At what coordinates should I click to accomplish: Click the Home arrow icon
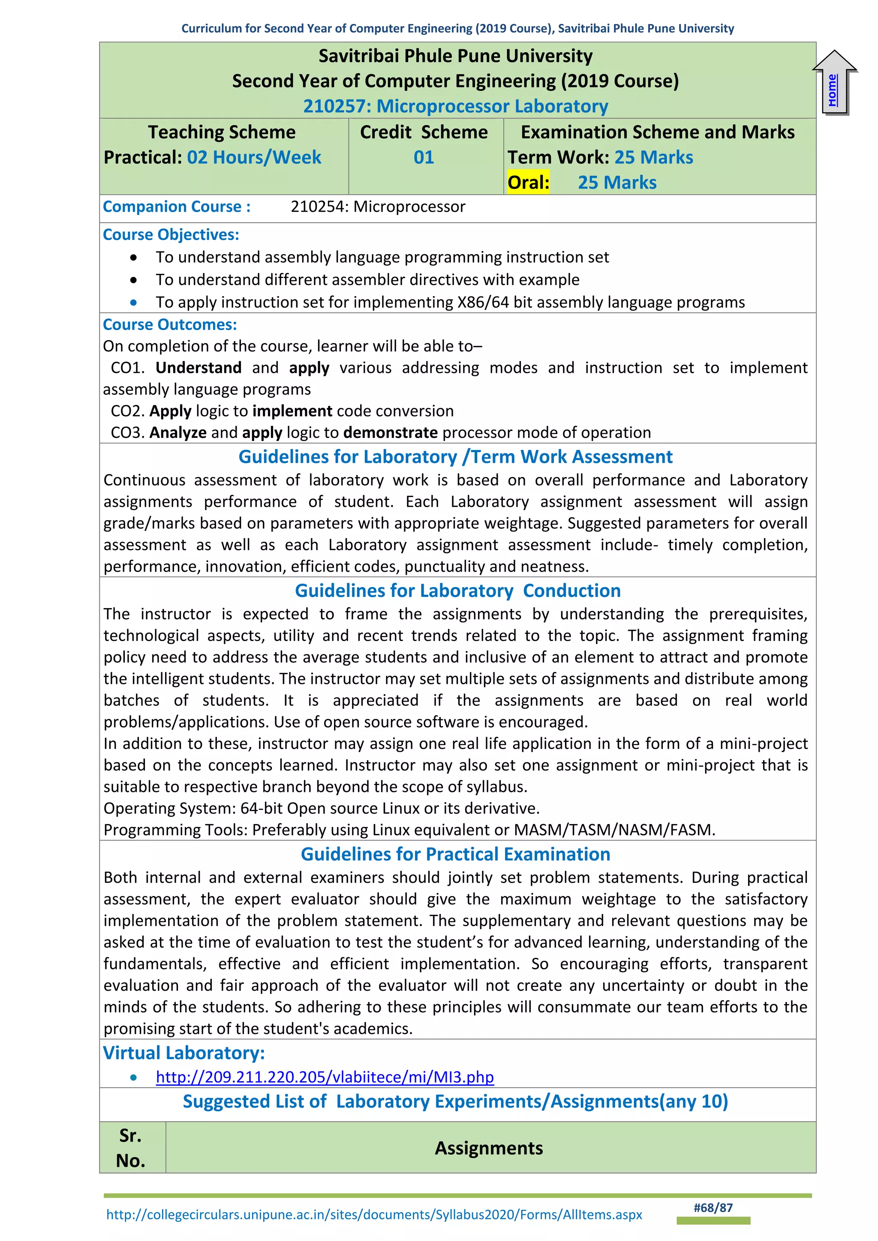coord(835,83)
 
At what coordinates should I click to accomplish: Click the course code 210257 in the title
coord(334,106)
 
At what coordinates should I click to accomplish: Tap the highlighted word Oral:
coord(528,183)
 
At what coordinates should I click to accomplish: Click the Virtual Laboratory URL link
coord(325,1077)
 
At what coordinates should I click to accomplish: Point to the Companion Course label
coord(176,207)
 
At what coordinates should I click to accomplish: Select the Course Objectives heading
coord(171,234)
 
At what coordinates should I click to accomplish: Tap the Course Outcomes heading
coord(170,324)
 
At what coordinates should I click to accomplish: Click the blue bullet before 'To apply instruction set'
coord(133,303)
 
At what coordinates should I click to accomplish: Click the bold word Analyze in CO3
coord(178,432)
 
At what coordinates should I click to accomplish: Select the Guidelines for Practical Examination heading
coord(455,854)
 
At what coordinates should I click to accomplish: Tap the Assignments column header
coord(489,1148)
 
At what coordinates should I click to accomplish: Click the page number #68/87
coord(713,1208)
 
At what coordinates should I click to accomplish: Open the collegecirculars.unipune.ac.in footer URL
coord(374,1214)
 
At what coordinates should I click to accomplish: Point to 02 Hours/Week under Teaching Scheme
coord(254,157)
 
